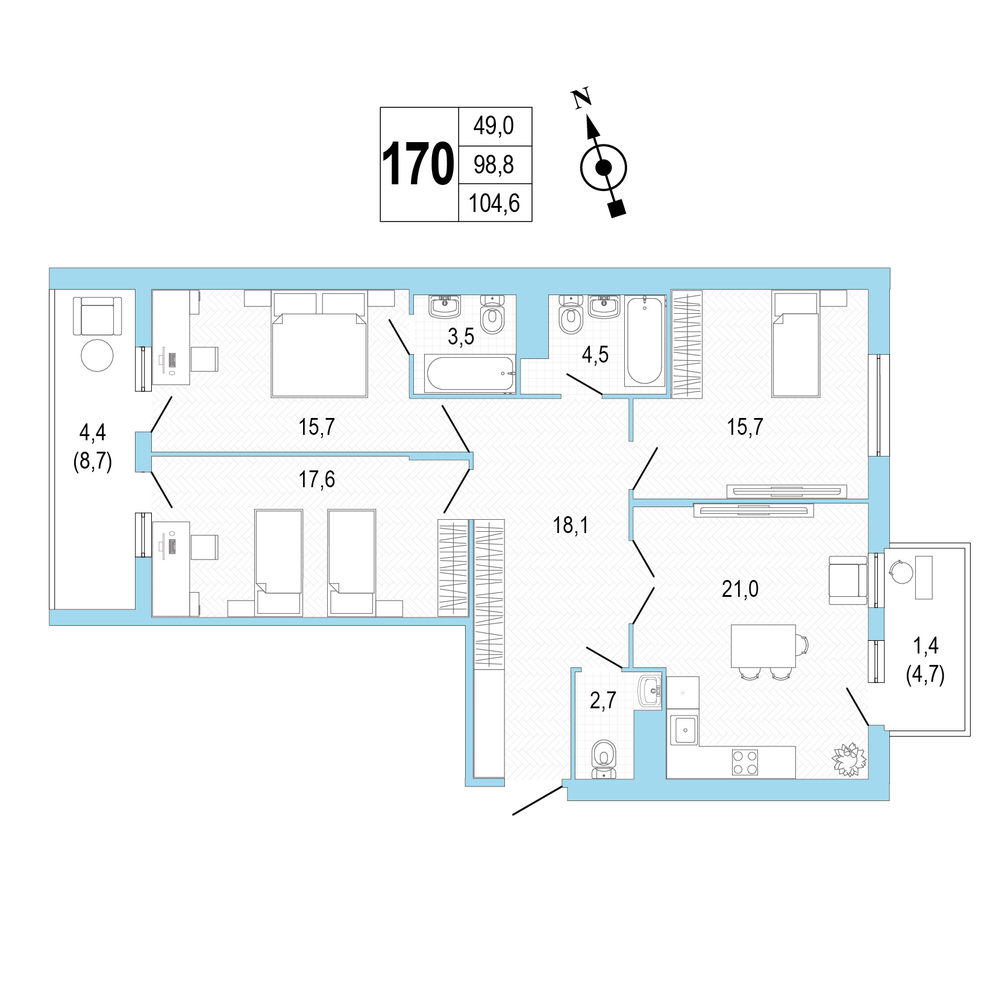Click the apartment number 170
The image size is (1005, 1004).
click(418, 164)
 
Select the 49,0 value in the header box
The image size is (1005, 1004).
click(493, 126)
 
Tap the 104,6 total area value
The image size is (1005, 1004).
click(494, 204)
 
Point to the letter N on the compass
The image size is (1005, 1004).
click(581, 98)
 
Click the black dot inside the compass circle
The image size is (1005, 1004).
click(603, 167)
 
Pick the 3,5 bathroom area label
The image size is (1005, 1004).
click(461, 337)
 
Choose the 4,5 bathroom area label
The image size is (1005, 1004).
click(595, 355)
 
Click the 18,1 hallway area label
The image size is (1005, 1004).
click(571, 525)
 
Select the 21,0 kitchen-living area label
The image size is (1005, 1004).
click(740, 588)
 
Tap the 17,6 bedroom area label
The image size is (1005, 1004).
click(316, 479)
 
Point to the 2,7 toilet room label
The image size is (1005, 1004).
click(603, 700)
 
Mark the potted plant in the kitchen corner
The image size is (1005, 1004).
click(849, 759)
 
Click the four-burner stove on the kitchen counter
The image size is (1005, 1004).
click(745, 762)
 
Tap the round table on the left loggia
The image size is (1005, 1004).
click(97, 355)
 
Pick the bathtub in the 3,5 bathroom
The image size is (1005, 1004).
click(470, 374)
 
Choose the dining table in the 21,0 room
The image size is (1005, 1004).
click(763, 646)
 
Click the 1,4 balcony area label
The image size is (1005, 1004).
click(925, 646)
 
